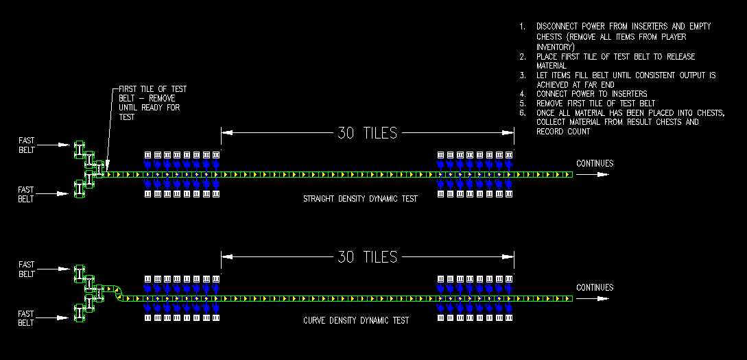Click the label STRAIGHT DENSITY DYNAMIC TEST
[360, 199]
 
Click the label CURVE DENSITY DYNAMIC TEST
[356, 320]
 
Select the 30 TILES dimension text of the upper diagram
[367, 133]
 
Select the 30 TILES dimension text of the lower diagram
[367, 257]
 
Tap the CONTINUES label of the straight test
[595, 163]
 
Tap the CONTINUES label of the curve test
[595, 287]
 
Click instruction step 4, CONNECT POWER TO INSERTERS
[591, 94]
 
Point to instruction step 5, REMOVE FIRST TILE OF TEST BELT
[595, 104]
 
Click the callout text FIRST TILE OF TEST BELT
[152, 89]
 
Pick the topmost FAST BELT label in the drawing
[26, 145]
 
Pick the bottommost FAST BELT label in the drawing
[26, 318]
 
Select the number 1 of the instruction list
[522, 27]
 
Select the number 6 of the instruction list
[522, 113]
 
